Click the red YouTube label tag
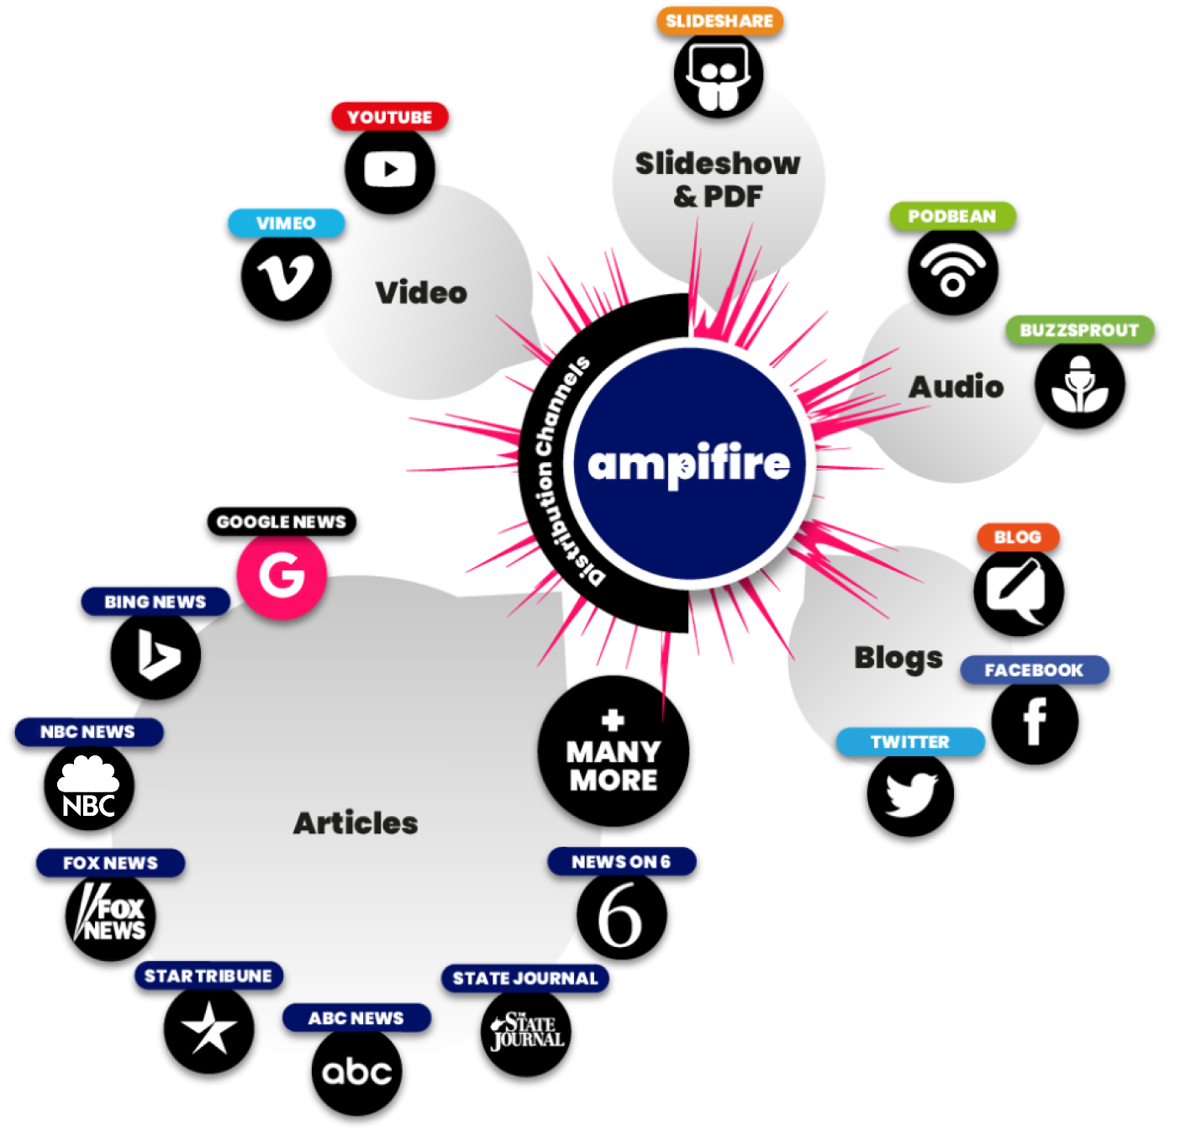(x=389, y=117)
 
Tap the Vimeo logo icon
(x=286, y=276)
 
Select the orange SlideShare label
(x=719, y=21)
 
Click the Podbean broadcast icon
(x=952, y=271)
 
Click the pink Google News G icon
(x=282, y=574)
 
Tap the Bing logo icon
(x=155, y=655)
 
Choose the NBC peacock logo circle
(x=89, y=786)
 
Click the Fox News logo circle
(x=110, y=916)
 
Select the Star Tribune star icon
(x=208, y=1028)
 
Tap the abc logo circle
(x=356, y=1070)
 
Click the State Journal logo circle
(x=526, y=1031)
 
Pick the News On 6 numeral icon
(x=622, y=914)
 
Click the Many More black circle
(x=613, y=750)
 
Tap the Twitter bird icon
(x=910, y=793)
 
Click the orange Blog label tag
(x=1018, y=537)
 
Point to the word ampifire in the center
(x=689, y=464)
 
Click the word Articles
(x=356, y=822)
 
